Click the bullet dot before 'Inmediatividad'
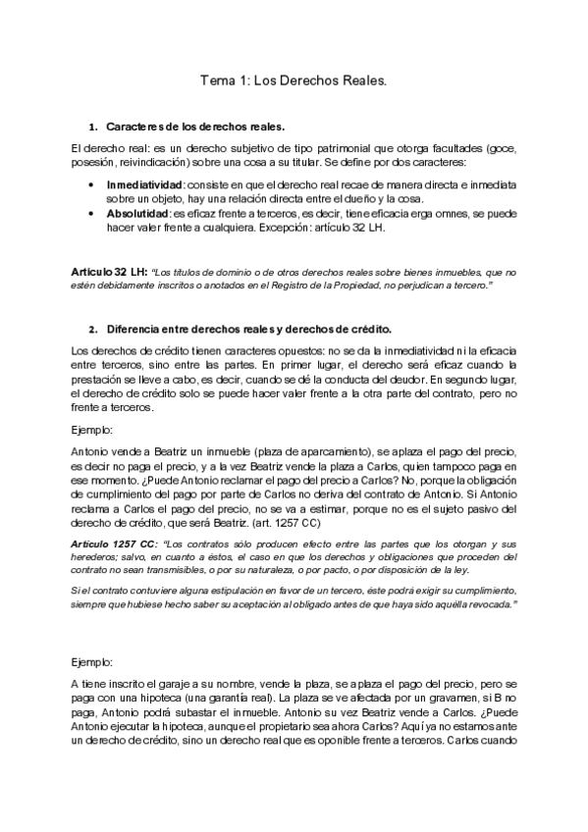91,183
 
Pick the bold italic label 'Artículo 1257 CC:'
114,543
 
